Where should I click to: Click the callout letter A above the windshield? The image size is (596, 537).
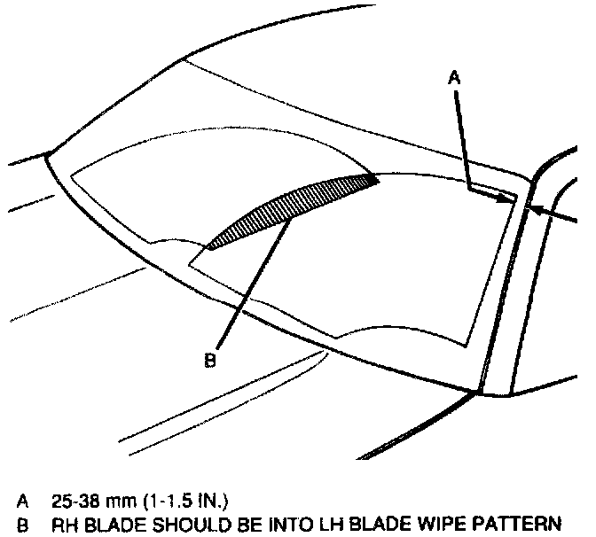[453, 78]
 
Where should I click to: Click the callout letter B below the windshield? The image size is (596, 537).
[210, 360]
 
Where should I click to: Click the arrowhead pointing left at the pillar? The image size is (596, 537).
[533, 209]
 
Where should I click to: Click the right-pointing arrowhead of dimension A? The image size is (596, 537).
[507, 199]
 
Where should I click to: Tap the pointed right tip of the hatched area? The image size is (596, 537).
[379, 180]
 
